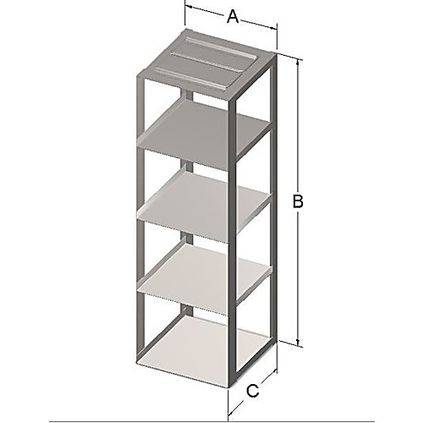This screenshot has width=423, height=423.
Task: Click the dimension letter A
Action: [x=231, y=14]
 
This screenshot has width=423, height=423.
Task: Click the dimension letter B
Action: [x=297, y=201]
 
